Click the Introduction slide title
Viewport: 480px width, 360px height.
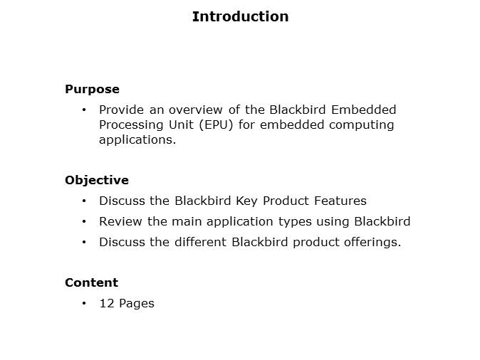tap(240, 16)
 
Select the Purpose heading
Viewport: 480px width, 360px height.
tap(92, 90)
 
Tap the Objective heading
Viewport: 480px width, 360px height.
tap(97, 180)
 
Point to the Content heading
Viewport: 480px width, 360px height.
tap(91, 282)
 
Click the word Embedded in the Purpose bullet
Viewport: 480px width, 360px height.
tap(364, 110)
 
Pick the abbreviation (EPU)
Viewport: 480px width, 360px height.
tap(216, 125)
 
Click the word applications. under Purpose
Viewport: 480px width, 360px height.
tap(137, 140)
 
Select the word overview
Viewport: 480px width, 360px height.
tap(196, 110)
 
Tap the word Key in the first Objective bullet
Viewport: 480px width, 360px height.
tap(246, 201)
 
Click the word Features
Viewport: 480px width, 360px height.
tap(340, 201)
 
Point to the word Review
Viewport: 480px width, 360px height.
tap(120, 221)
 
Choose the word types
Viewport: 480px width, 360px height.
tap(295, 222)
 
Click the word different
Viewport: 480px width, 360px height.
tap(201, 242)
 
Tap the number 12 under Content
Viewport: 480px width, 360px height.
tap(107, 303)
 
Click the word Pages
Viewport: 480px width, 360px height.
tap(137, 304)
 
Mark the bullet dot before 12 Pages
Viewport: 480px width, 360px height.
tap(84, 303)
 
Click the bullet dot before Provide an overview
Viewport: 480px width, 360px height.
tap(84, 110)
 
